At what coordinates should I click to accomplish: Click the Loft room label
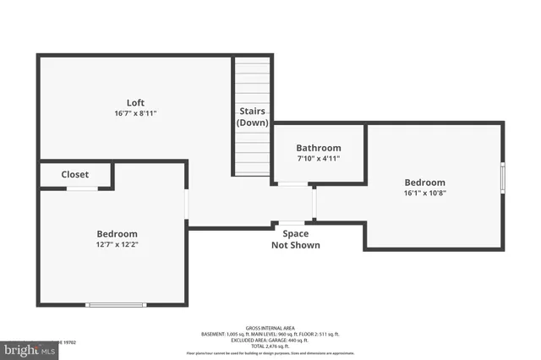point(135,103)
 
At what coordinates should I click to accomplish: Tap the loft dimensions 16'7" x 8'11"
point(135,113)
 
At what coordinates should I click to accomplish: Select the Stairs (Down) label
point(252,117)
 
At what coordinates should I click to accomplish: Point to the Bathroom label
point(319,148)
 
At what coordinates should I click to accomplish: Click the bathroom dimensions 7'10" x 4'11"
point(319,159)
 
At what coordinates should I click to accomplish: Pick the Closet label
point(75,175)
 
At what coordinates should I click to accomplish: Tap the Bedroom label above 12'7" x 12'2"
point(117,234)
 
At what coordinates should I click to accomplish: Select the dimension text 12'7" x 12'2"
point(117,245)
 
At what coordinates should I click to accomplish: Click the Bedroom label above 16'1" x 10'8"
point(424,183)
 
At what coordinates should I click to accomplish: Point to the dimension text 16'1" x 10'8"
point(424,193)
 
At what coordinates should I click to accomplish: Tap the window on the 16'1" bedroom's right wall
point(503,178)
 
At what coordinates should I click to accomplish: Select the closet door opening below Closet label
point(82,188)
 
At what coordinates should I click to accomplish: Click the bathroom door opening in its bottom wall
point(293,183)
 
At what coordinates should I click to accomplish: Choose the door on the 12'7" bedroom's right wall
point(186,205)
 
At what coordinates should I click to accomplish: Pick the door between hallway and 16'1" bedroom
point(314,203)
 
